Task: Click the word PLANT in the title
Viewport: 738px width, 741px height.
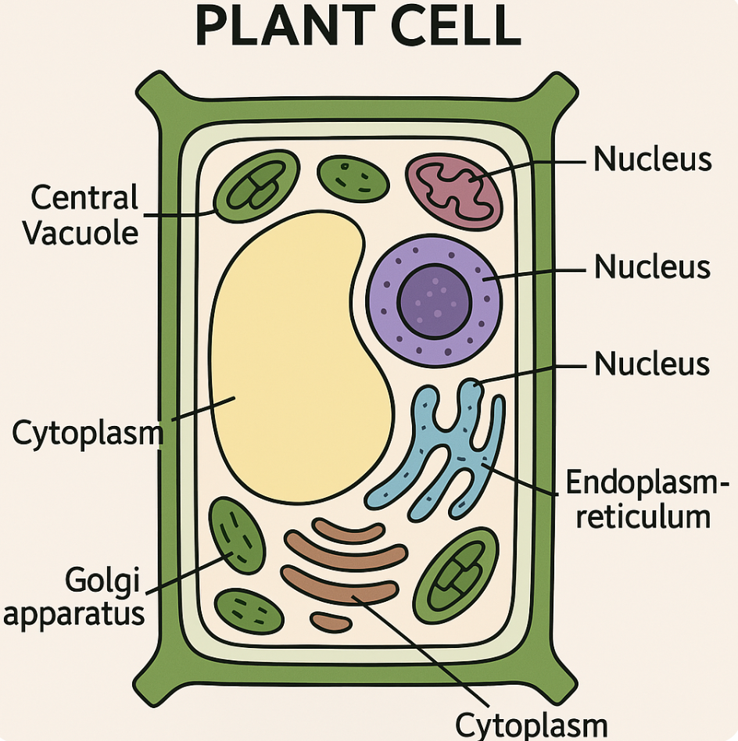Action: [289, 27]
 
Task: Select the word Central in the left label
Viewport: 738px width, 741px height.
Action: [84, 199]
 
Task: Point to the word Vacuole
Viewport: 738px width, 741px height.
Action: [80, 233]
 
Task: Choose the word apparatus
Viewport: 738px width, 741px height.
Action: [73, 614]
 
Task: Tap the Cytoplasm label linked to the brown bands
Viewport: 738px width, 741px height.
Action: [531, 725]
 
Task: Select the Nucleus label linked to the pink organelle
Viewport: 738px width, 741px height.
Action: [652, 159]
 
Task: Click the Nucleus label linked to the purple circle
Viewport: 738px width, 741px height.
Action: [652, 267]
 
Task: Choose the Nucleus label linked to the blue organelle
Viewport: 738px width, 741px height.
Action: [652, 364]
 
